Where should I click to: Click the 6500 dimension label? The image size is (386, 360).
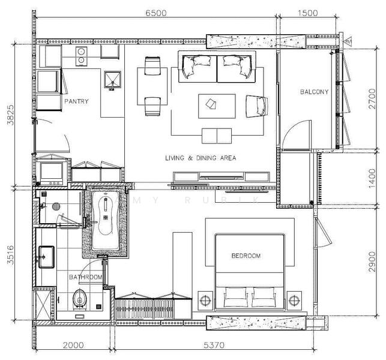click(156, 13)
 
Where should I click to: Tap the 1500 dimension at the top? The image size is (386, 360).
click(307, 13)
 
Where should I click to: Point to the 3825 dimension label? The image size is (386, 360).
click(11, 115)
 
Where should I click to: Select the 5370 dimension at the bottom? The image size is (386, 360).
click(214, 345)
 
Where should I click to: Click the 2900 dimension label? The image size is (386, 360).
click(372, 262)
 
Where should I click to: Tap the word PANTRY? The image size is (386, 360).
click(76, 101)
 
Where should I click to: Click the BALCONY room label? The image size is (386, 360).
click(315, 92)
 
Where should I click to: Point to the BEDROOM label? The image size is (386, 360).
click(246, 256)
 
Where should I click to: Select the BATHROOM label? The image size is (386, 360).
click(85, 277)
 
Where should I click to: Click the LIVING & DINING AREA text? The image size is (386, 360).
click(201, 158)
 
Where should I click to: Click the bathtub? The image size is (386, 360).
click(106, 221)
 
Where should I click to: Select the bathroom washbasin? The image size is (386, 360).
click(46, 257)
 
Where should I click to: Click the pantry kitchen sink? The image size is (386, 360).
click(112, 79)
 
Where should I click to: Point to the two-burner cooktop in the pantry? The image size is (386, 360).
click(81, 56)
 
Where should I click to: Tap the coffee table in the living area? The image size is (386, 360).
click(217, 106)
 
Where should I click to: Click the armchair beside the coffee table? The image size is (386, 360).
click(256, 106)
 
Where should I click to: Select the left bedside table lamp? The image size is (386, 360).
click(205, 301)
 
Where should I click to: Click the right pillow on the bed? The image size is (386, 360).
click(264, 297)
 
